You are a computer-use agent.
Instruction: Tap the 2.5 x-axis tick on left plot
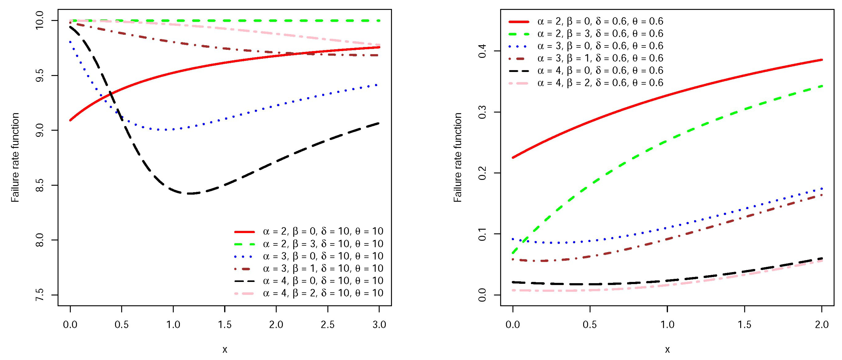point(328,325)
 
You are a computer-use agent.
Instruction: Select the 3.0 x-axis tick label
point(379,325)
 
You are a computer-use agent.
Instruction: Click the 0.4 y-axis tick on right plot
point(482,51)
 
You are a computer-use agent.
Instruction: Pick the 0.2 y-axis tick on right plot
point(482,173)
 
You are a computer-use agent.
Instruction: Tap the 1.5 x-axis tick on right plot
point(744,325)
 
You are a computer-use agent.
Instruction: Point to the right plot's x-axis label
point(667,350)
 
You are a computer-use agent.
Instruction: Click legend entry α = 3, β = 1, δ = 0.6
point(600,58)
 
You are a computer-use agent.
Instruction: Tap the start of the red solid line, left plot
point(70,120)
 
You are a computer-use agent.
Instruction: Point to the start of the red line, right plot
point(513,158)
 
